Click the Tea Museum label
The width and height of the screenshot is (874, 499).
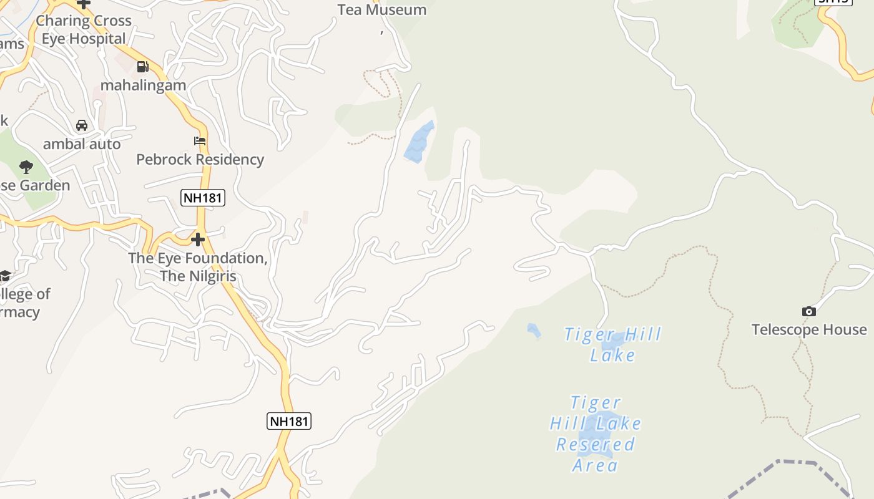pos(381,10)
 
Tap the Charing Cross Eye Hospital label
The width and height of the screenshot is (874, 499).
pos(84,29)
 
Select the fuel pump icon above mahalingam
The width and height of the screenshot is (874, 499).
pos(143,66)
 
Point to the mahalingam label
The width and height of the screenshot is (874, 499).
pos(144,85)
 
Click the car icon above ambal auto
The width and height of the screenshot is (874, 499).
pos(82,125)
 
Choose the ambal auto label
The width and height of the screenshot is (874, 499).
pos(82,144)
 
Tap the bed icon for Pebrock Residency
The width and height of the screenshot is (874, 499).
pos(200,141)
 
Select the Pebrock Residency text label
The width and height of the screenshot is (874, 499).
pos(200,160)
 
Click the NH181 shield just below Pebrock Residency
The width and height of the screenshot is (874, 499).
pos(203,198)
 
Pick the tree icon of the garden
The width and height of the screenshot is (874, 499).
pos(26,167)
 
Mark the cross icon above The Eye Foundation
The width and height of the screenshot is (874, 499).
pos(198,240)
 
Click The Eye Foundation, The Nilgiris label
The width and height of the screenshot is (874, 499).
pos(198,267)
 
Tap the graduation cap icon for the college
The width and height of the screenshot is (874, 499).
pos(5,276)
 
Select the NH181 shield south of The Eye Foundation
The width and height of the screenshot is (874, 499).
pos(289,421)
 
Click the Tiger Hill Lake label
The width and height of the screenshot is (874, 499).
pos(612,344)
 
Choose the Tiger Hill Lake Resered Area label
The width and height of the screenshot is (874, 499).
pos(596,434)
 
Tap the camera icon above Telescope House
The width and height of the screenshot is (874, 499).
pos(809,311)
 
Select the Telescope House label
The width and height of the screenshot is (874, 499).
pos(809,329)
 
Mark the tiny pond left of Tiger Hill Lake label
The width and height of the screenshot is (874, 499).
pos(533,330)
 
